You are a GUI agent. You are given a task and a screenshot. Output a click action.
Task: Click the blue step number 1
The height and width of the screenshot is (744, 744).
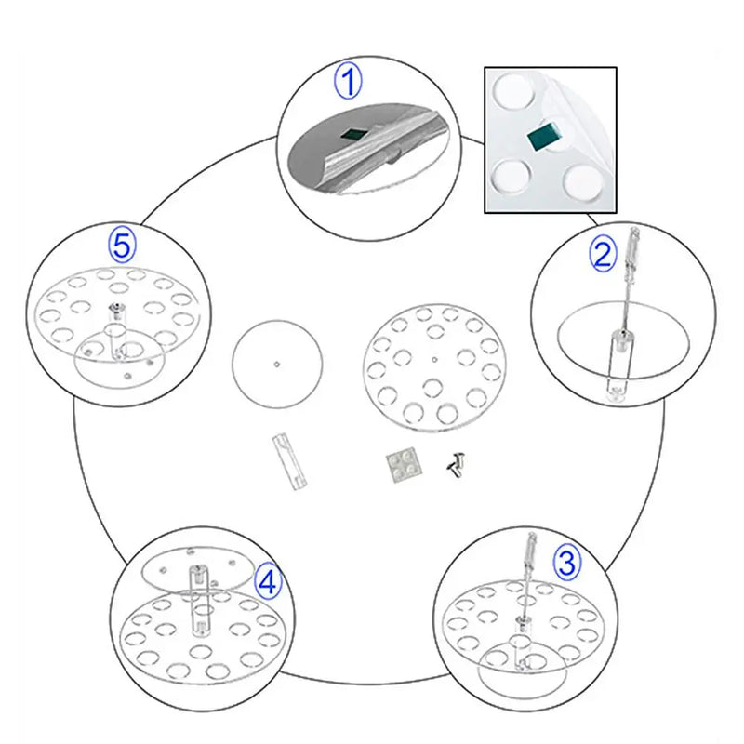[x=348, y=82]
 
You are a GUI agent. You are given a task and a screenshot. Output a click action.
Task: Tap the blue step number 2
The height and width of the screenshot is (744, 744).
[x=603, y=254]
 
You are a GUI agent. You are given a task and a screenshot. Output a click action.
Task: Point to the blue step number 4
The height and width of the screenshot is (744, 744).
[x=268, y=582]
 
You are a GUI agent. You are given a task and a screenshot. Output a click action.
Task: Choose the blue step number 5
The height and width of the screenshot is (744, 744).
[x=123, y=245]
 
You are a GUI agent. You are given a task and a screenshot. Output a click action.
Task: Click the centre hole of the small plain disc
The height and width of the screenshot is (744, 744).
[x=277, y=365]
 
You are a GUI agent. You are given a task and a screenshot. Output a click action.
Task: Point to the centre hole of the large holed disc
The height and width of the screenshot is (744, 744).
[x=435, y=360]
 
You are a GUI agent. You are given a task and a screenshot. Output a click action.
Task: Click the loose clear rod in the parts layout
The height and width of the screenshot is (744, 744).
[x=289, y=461]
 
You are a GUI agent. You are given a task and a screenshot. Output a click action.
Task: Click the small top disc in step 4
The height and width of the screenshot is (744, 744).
[x=199, y=569]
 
